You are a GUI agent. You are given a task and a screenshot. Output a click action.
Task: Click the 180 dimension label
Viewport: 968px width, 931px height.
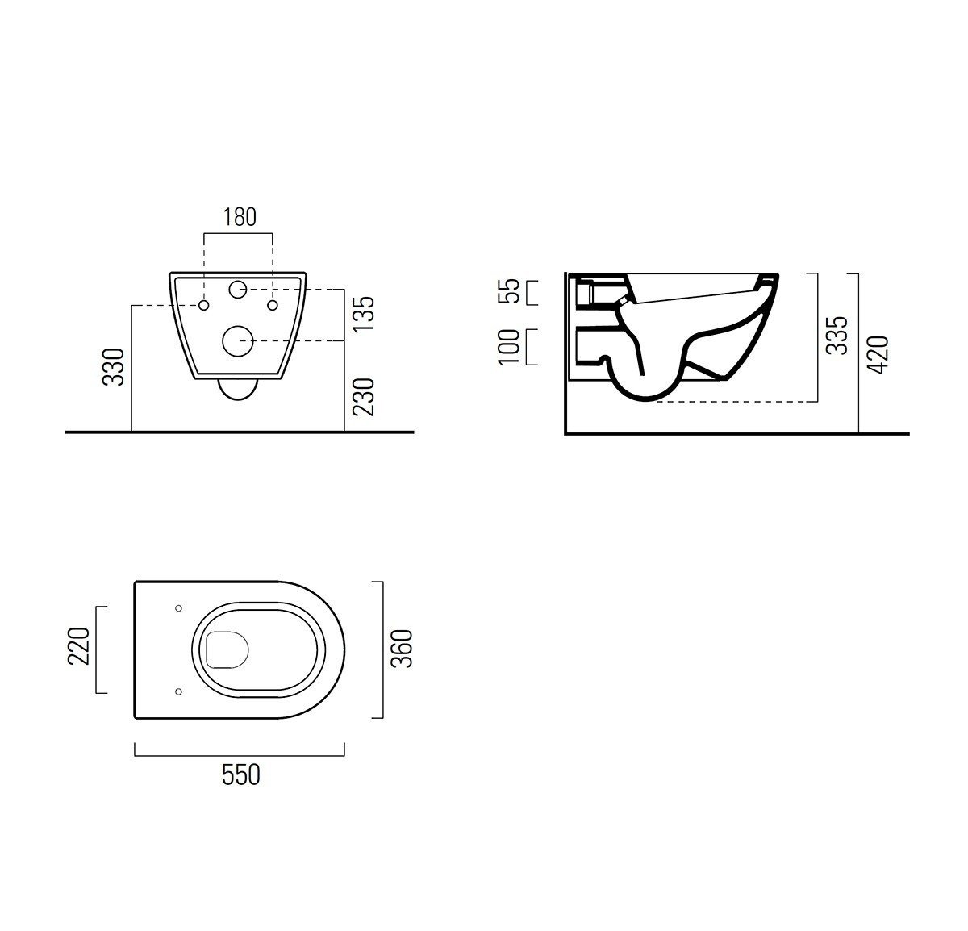[x=240, y=217]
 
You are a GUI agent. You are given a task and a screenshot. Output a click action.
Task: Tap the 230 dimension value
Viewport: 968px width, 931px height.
[x=364, y=397]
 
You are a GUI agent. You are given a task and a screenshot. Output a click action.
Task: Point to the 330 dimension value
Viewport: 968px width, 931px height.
[x=113, y=367]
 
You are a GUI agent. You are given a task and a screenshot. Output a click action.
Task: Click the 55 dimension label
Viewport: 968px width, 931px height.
[x=508, y=291]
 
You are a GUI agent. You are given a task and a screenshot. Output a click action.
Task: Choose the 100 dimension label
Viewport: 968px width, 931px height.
[x=508, y=347]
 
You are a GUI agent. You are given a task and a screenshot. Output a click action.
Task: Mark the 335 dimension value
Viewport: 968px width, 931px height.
[x=837, y=335]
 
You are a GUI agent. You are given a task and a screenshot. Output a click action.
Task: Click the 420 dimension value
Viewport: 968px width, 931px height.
[x=878, y=354]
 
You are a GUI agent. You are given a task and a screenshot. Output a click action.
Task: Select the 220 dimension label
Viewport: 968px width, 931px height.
[x=78, y=646]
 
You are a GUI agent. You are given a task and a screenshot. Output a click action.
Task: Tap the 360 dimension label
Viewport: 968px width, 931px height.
[x=402, y=649]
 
